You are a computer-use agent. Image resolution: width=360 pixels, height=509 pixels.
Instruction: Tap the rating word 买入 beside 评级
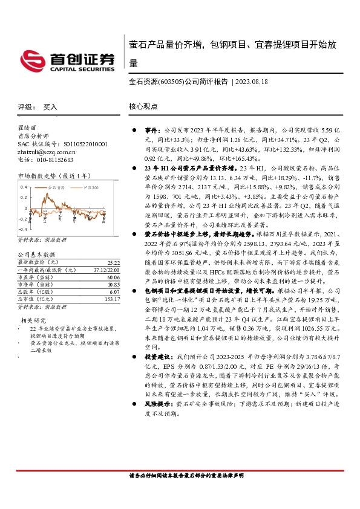[50, 106]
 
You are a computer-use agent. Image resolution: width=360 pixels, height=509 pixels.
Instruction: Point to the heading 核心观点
[143, 106]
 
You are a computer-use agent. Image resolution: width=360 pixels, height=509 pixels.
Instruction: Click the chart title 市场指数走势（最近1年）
[54, 175]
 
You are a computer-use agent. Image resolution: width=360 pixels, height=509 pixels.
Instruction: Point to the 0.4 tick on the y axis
[24, 187]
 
